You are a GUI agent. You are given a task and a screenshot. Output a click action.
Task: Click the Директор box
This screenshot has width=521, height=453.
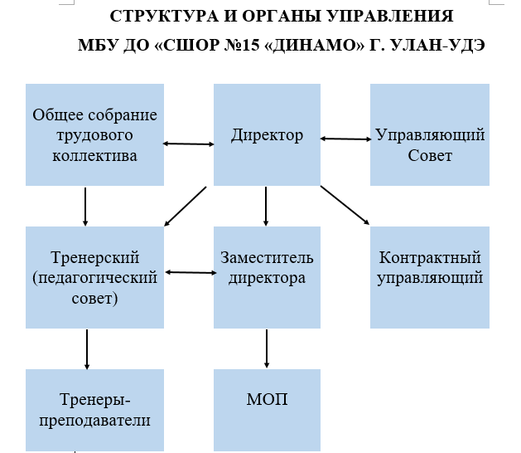click(267, 134)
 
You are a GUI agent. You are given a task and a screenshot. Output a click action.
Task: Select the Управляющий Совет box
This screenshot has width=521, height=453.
click(430, 134)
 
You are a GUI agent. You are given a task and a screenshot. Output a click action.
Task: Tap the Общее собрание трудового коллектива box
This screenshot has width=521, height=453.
click(94, 134)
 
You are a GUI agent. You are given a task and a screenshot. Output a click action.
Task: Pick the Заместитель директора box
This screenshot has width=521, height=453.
click(267, 277)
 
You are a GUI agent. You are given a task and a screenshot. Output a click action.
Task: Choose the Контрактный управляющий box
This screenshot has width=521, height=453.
click(430, 277)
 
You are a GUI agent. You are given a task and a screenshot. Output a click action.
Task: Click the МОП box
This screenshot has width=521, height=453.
click(267, 410)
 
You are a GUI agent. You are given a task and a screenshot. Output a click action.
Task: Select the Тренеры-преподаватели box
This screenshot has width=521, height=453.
click(94, 410)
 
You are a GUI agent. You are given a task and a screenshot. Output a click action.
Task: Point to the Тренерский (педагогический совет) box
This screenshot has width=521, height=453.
click(94, 277)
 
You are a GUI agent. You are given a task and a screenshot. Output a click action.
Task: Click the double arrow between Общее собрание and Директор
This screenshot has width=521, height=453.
click(188, 144)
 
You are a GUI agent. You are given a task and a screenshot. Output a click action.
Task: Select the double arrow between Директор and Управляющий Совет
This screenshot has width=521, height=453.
click(345, 139)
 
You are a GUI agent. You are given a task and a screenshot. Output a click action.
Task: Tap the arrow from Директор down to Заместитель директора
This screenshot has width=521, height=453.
click(266, 207)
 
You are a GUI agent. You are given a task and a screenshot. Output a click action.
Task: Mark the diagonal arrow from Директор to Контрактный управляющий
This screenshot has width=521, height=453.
click(345, 206)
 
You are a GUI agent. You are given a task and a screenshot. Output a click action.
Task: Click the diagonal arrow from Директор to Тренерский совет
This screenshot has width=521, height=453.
click(186, 207)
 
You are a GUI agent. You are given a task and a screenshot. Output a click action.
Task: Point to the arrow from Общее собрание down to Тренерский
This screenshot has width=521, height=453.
click(85, 207)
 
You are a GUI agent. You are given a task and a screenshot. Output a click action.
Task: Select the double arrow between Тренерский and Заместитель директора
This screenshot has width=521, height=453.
click(191, 272)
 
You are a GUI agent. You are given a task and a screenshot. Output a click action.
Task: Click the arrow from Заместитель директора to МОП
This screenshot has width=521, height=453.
click(267, 348)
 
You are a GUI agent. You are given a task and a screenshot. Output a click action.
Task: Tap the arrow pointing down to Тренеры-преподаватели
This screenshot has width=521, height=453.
click(87, 349)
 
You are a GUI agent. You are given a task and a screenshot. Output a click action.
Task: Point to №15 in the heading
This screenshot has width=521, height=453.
click(242, 45)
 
